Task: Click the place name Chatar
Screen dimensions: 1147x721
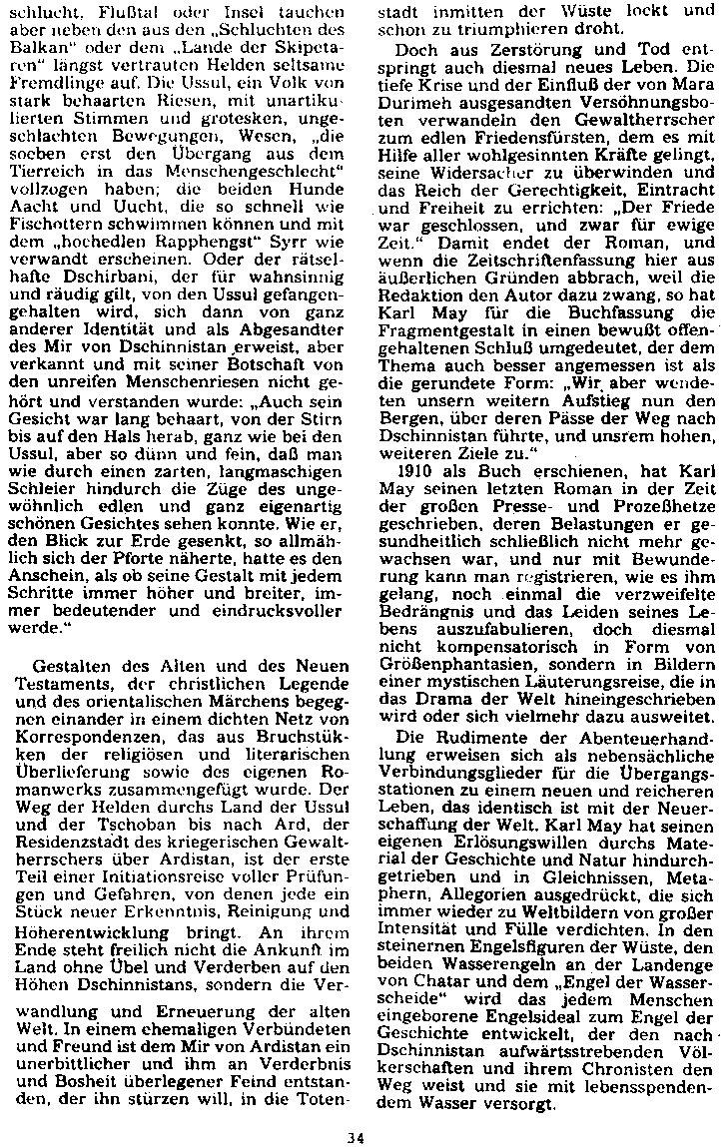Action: [x=433, y=953]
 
